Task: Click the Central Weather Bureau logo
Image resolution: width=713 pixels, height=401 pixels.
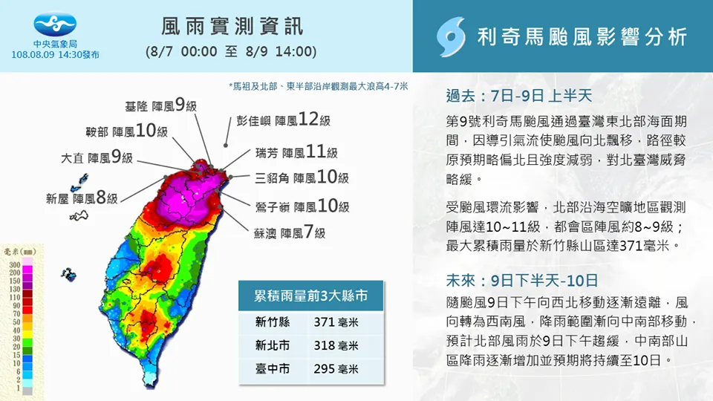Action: (55, 24)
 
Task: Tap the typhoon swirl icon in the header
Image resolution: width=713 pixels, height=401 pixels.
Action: (451, 37)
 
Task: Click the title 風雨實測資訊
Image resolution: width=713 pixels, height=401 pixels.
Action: (232, 27)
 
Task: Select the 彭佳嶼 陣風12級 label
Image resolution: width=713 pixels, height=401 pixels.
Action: (283, 120)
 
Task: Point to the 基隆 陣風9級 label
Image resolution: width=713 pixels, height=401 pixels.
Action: (161, 105)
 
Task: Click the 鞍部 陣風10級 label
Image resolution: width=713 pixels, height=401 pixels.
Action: (127, 131)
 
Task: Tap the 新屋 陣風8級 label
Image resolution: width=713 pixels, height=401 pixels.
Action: (82, 198)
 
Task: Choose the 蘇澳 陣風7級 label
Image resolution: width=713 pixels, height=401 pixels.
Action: (290, 232)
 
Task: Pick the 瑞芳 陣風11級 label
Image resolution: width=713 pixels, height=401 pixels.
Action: (296, 151)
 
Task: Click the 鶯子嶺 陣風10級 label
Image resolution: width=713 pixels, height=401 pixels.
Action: (302, 206)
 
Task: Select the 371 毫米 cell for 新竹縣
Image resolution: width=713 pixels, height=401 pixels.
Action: (336, 322)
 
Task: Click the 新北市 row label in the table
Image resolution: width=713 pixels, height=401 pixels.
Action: (273, 345)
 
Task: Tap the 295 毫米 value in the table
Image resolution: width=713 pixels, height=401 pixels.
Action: (336, 369)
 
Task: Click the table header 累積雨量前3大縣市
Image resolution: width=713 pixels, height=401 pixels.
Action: (310, 296)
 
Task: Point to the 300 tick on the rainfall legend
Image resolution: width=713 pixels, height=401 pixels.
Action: (15, 264)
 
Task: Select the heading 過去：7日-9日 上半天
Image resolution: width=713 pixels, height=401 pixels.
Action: (519, 96)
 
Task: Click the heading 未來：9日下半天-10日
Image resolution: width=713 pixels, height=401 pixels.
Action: (521, 280)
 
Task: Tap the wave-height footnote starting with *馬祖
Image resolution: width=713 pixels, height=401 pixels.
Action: (319, 86)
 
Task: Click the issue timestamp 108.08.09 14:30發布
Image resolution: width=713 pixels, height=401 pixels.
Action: (55, 55)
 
